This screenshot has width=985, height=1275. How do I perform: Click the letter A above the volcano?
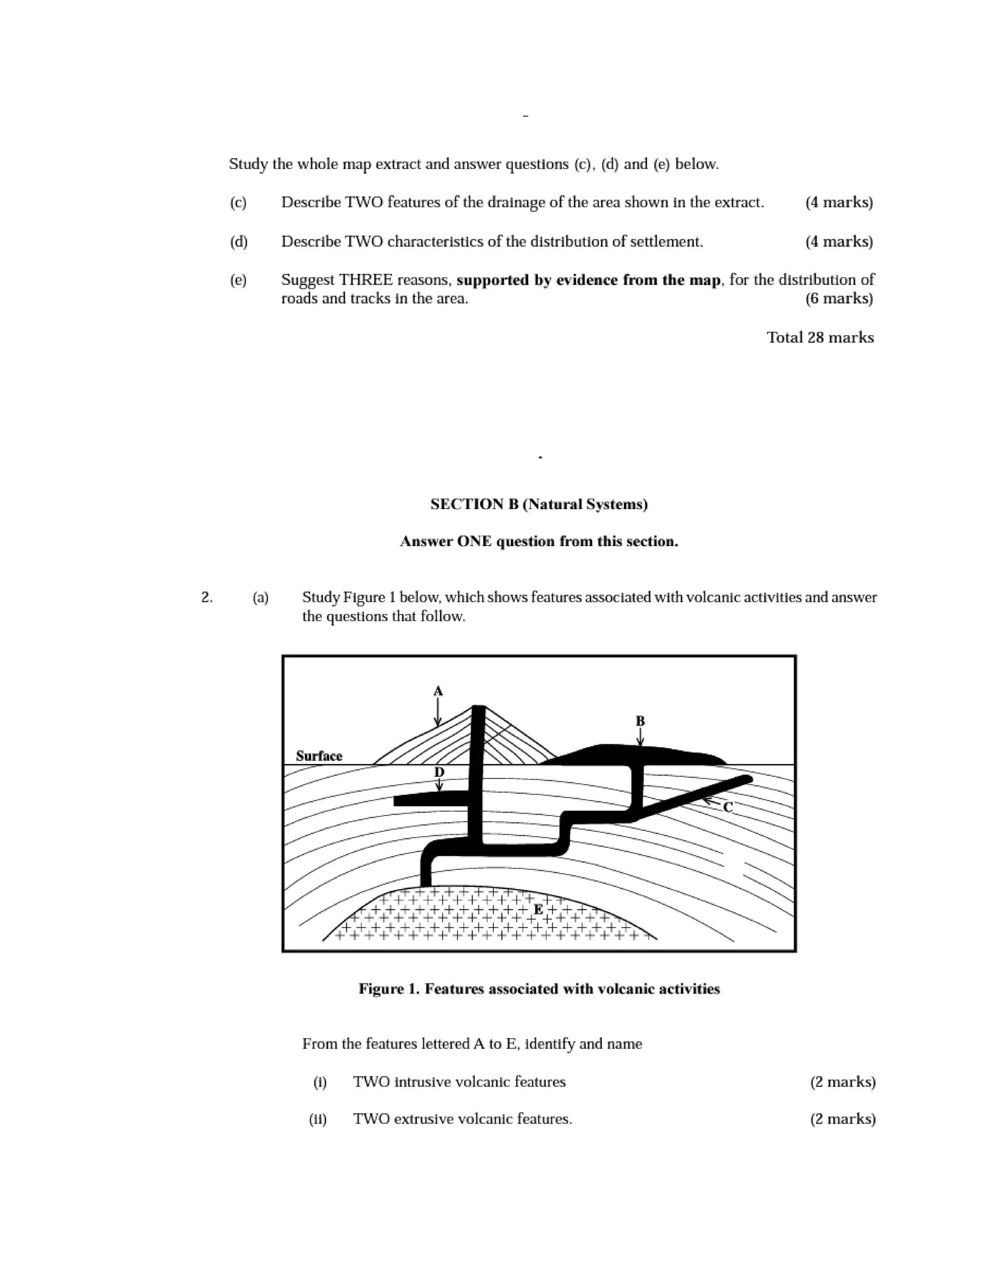(x=438, y=691)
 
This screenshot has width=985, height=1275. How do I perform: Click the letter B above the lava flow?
(x=640, y=721)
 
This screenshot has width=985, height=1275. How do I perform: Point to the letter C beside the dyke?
(x=728, y=807)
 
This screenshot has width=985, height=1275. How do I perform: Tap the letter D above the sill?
(x=440, y=772)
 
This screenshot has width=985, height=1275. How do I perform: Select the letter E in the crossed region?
(x=538, y=909)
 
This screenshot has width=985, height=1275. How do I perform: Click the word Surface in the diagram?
(x=318, y=756)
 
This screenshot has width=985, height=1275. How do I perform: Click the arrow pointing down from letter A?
(x=438, y=714)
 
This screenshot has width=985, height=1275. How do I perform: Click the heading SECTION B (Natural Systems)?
(x=539, y=504)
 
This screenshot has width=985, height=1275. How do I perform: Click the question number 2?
(x=206, y=597)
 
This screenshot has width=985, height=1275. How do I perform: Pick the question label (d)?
(x=238, y=241)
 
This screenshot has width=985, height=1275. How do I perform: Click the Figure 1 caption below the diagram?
(x=539, y=988)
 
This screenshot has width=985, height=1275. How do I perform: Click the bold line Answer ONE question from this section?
(x=539, y=541)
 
